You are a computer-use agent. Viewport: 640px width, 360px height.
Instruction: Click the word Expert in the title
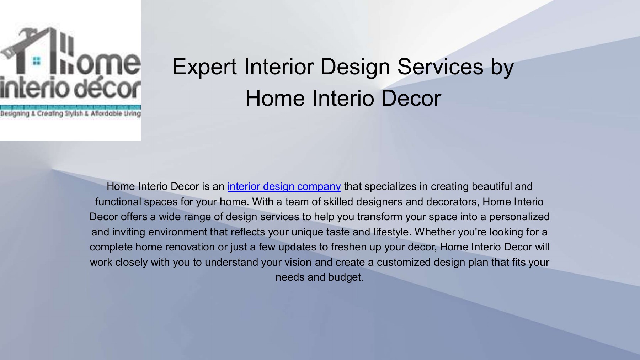(204, 67)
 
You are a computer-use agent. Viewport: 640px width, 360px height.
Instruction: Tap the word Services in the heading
(440, 67)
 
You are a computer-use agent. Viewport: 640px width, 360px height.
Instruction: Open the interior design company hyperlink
(284, 186)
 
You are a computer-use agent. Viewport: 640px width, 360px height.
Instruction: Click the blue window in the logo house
(36, 61)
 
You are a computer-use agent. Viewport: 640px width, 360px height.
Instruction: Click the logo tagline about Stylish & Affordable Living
(70, 114)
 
